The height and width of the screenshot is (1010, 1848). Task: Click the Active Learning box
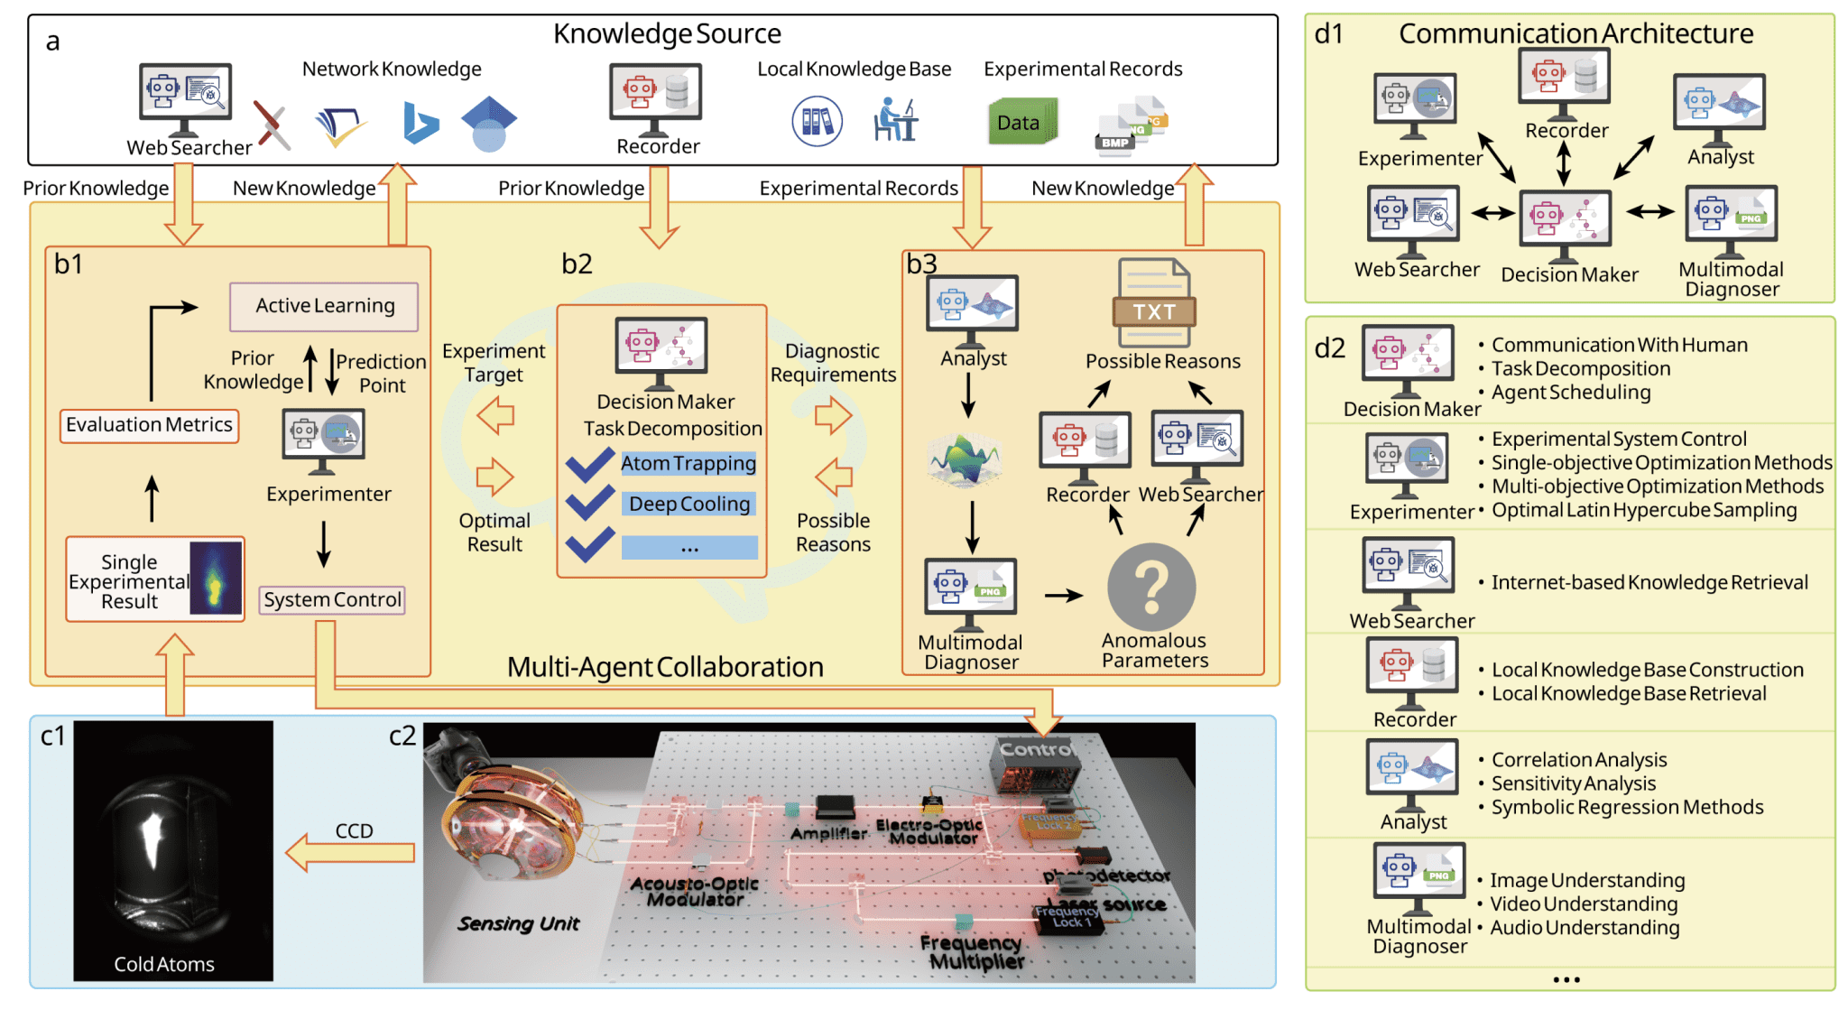324,306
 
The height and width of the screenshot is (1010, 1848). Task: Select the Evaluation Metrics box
150,425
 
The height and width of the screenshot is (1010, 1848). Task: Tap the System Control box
332,600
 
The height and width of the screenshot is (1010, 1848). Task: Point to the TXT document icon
1154,304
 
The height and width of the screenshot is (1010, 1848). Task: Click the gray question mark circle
1151,588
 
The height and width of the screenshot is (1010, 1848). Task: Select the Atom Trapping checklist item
688,464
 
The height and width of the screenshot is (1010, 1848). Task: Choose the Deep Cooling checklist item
689,504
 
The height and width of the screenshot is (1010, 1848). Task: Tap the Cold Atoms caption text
164,964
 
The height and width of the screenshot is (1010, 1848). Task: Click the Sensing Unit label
518,923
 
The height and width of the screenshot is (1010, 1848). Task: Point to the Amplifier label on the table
828,833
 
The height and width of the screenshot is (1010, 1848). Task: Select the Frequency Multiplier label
973,952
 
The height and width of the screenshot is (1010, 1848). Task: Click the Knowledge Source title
667,34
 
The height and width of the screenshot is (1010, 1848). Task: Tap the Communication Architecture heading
1575,34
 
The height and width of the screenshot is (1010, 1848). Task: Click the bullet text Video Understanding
1584,903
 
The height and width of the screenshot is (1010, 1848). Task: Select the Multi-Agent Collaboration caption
665,667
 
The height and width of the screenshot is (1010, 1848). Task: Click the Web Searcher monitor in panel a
185,94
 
